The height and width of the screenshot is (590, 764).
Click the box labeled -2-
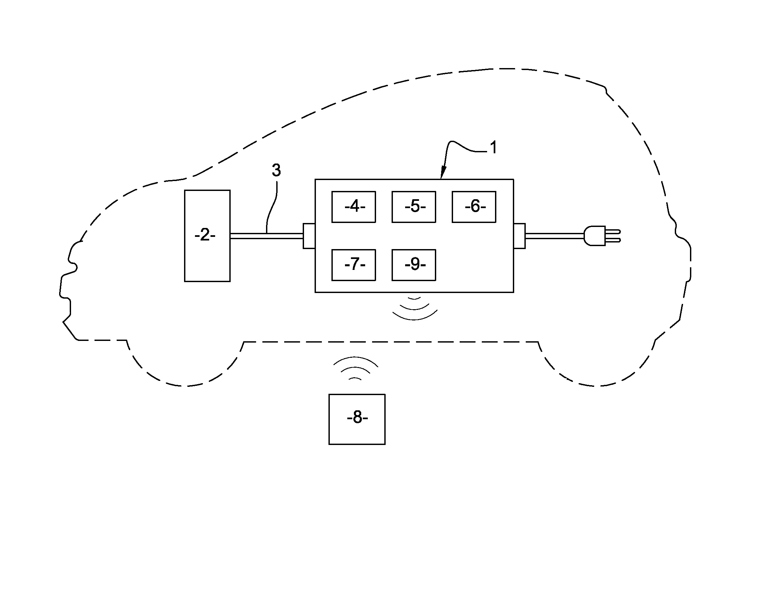pos(207,235)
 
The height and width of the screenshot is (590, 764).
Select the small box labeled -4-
pos(354,207)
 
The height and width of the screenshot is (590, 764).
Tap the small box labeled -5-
pos(414,207)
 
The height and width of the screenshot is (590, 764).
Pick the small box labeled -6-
pos(474,207)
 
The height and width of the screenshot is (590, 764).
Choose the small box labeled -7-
pos(354,265)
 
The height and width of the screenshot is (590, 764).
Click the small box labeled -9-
pos(414,265)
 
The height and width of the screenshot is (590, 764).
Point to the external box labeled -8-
pos(357,419)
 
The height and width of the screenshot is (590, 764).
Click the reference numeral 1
pos(494,148)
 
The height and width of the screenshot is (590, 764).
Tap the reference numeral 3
pos(276,170)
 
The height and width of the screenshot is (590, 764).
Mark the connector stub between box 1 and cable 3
pos(309,236)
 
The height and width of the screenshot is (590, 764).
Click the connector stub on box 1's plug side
pos(519,236)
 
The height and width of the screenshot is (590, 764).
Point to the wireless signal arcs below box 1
pos(414,309)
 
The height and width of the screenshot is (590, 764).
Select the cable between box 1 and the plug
pos(554,236)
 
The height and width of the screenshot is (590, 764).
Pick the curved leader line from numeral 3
pos(271,206)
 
